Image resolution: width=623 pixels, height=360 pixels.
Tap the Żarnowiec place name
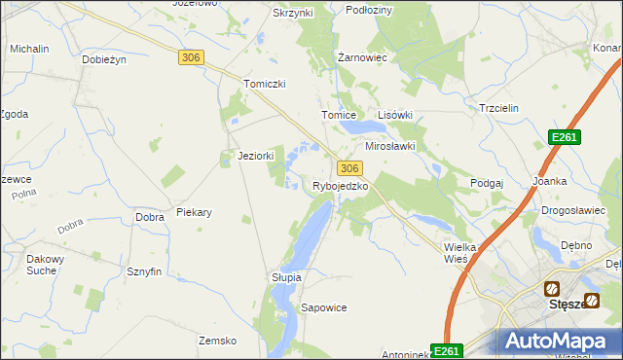[x=362, y=58]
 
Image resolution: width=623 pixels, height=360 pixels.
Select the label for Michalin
[x=29, y=48]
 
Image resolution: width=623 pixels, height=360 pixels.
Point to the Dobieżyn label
[x=105, y=59]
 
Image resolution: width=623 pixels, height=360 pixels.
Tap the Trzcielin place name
[x=502, y=109]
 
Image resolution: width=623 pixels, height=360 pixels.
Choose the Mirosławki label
[x=390, y=146]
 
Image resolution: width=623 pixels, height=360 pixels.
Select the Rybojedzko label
[x=340, y=186]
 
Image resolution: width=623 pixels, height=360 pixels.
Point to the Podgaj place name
[x=487, y=183]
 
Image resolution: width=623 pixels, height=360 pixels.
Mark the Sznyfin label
[x=143, y=272]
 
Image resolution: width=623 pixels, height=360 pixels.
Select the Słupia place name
[x=286, y=277]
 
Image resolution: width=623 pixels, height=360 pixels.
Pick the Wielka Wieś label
[x=459, y=253]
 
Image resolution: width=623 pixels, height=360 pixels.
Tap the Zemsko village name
[x=218, y=341]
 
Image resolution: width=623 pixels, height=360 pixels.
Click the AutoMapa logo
[x=559, y=342]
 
